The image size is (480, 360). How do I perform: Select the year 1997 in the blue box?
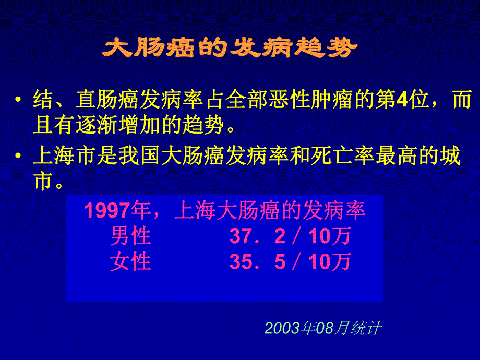[x=106, y=211]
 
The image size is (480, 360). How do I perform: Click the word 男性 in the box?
[x=130, y=236]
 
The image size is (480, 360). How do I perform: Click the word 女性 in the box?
[x=130, y=261]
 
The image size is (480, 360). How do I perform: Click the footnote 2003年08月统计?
[x=323, y=328]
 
